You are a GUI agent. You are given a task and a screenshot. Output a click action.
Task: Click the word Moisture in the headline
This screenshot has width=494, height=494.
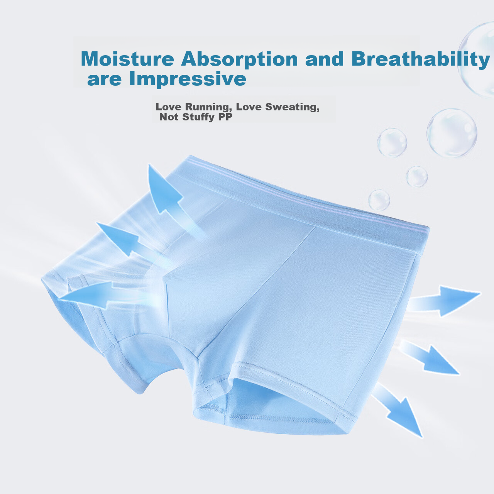[127, 59]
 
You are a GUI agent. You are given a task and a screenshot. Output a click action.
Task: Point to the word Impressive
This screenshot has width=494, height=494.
[188, 79]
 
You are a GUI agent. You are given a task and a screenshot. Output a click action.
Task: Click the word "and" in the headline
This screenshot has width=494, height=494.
[324, 59]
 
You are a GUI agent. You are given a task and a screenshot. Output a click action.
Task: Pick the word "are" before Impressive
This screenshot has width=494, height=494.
[104, 80]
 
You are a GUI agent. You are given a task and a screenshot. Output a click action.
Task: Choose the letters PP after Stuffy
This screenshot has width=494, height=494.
[225, 117]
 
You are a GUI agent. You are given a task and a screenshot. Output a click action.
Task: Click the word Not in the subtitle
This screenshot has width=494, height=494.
[169, 117]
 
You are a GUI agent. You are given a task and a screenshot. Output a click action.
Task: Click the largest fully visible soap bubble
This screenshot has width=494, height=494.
[452, 133]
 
